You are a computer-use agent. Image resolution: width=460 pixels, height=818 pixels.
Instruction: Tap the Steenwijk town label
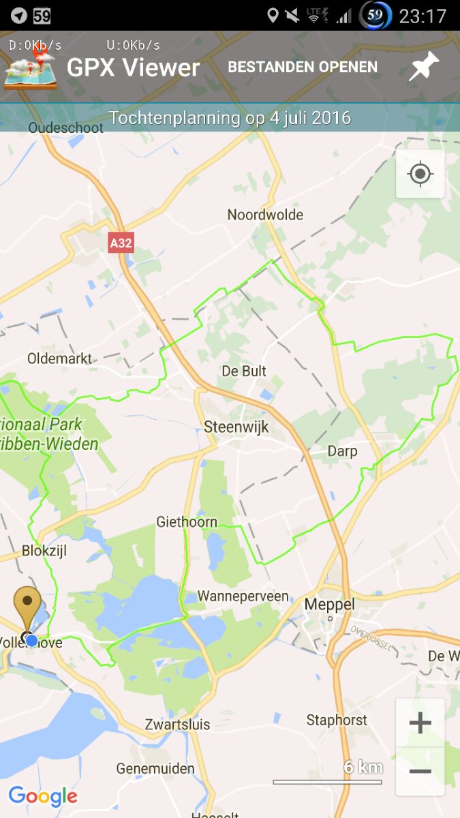pyautogui.click(x=236, y=427)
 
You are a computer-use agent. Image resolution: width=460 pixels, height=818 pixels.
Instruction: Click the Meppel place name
pyautogui.click(x=330, y=605)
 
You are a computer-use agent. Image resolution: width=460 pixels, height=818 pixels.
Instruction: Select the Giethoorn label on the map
pyautogui.click(x=187, y=522)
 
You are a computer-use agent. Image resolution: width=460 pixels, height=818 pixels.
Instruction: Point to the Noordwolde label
pyautogui.click(x=265, y=215)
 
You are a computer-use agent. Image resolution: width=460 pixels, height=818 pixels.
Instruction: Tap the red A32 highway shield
pyautogui.click(x=121, y=243)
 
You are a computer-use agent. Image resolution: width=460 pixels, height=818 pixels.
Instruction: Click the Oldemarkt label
pyautogui.click(x=59, y=359)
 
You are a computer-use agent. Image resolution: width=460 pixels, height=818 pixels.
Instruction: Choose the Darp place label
pyautogui.click(x=342, y=451)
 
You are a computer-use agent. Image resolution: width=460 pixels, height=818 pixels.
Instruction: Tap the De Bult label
pyautogui.click(x=244, y=372)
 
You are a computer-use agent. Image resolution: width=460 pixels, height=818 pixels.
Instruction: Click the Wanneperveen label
pyautogui.click(x=243, y=596)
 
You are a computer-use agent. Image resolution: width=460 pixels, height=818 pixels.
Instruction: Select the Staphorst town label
pyautogui.click(x=337, y=720)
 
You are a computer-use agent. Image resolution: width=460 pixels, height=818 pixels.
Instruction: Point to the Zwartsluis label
pyautogui.click(x=178, y=725)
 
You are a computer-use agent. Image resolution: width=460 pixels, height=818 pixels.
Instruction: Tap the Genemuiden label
pyautogui.click(x=155, y=769)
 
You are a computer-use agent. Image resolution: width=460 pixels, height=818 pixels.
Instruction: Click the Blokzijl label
pyautogui.click(x=44, y=551)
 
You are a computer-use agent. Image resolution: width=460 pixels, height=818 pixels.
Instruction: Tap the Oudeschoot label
pyautogui.click(x=66, y=127)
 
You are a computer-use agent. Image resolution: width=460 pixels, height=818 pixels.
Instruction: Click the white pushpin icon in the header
pyautogui.click(x=424, y=67)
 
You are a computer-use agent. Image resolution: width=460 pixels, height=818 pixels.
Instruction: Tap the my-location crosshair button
pyautogui.click(x=420, y=175)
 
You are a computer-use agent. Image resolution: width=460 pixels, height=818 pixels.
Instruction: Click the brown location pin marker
pyautogui.click(x=27, y=607)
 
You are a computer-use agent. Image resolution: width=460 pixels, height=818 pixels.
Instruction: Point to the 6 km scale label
pyautogui.click(x=363, y=768)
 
